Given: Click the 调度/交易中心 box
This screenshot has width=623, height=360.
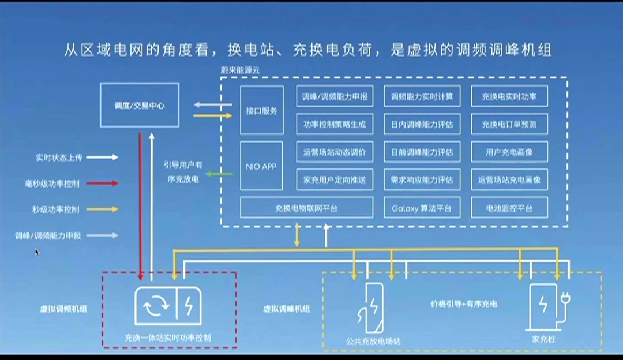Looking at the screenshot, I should click(x=140, y=105).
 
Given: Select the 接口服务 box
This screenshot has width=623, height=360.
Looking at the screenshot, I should click(x=261, y=110).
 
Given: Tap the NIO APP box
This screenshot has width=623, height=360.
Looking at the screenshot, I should click(x=261, y=166).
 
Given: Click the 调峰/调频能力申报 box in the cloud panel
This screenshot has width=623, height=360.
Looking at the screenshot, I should click(x=335, y=96).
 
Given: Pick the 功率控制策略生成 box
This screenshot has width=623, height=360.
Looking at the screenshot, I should click(x=335, y=124).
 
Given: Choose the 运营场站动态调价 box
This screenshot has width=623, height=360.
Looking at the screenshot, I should click(x=335, y=152).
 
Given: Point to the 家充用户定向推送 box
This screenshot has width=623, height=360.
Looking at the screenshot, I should click(x=335, y=179).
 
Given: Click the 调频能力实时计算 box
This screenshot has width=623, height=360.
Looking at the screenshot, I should click(x=422, y=96).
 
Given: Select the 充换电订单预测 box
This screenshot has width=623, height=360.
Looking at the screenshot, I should click(x=509, y=124).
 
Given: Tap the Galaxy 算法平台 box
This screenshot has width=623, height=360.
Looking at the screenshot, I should click(x=422, y=208).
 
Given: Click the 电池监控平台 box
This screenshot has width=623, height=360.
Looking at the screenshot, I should click(x=509, y=208).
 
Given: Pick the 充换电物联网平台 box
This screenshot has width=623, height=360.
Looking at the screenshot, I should click(x=307, y=208).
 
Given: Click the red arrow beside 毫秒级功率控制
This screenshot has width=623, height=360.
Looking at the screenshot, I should click(x=103, y=183).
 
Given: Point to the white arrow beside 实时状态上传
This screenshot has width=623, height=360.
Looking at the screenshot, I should click(x=103, y=157).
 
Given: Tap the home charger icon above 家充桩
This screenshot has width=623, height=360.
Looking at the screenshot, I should click(x=546, y=306).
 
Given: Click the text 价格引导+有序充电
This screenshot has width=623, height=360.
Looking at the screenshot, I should click(x=464, y=303).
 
